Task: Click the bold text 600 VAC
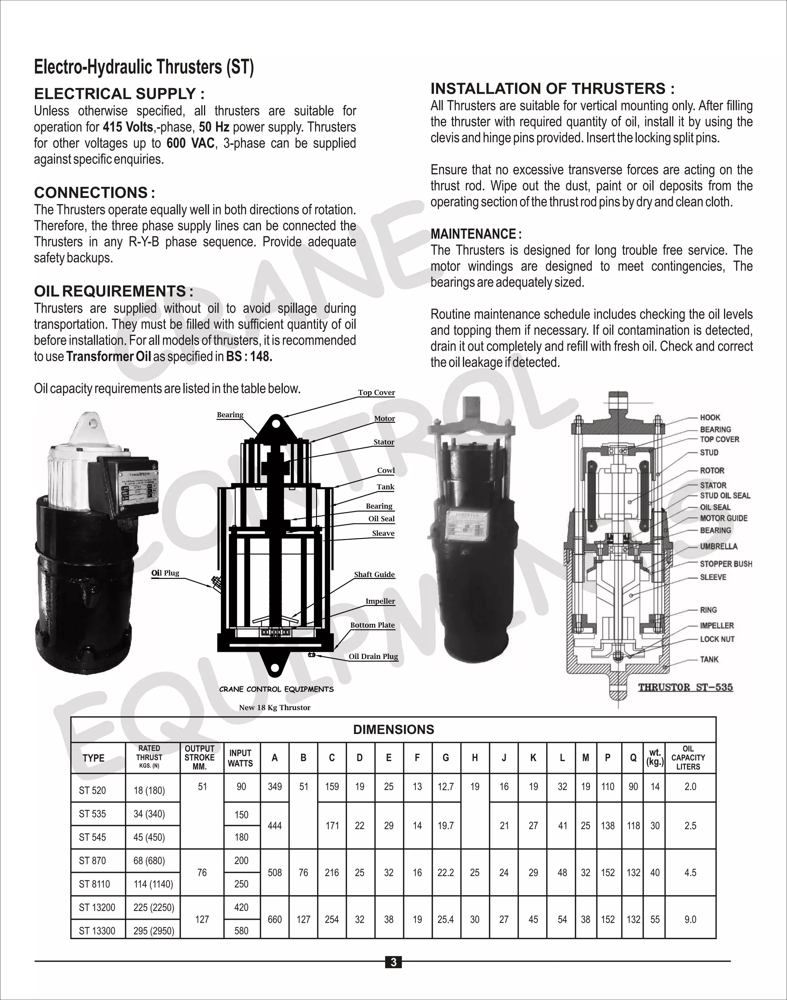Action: click(x=190, y=143)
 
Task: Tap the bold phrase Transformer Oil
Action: click(x=108, y=357)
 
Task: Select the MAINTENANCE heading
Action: click(x=475, y=234)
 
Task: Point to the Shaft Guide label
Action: click(x=374, y=574)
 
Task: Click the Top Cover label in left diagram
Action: click(x=377, y=393)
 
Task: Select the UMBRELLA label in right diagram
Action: click(x=718, y=546)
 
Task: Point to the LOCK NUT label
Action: click(x=717, y=639)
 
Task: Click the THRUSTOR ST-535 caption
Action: click(x=685, y=687)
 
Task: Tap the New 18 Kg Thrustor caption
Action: click(x=275, y=708)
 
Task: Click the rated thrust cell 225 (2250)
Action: click(x=154, y=907)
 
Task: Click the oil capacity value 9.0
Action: click(x=690, y=919)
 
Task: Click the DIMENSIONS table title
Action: click(x=393, y=729)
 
